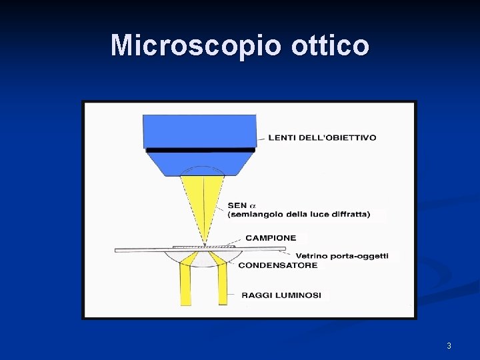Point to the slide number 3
pos(449,345)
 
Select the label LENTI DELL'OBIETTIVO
pos(322,138)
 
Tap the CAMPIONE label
pos(271,238)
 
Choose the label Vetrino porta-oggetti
pos(341,256)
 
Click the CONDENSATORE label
pos(278,265)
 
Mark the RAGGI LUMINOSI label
pos(281,295)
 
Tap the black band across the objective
pos(200,150)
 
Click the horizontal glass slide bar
pos(160,250)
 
